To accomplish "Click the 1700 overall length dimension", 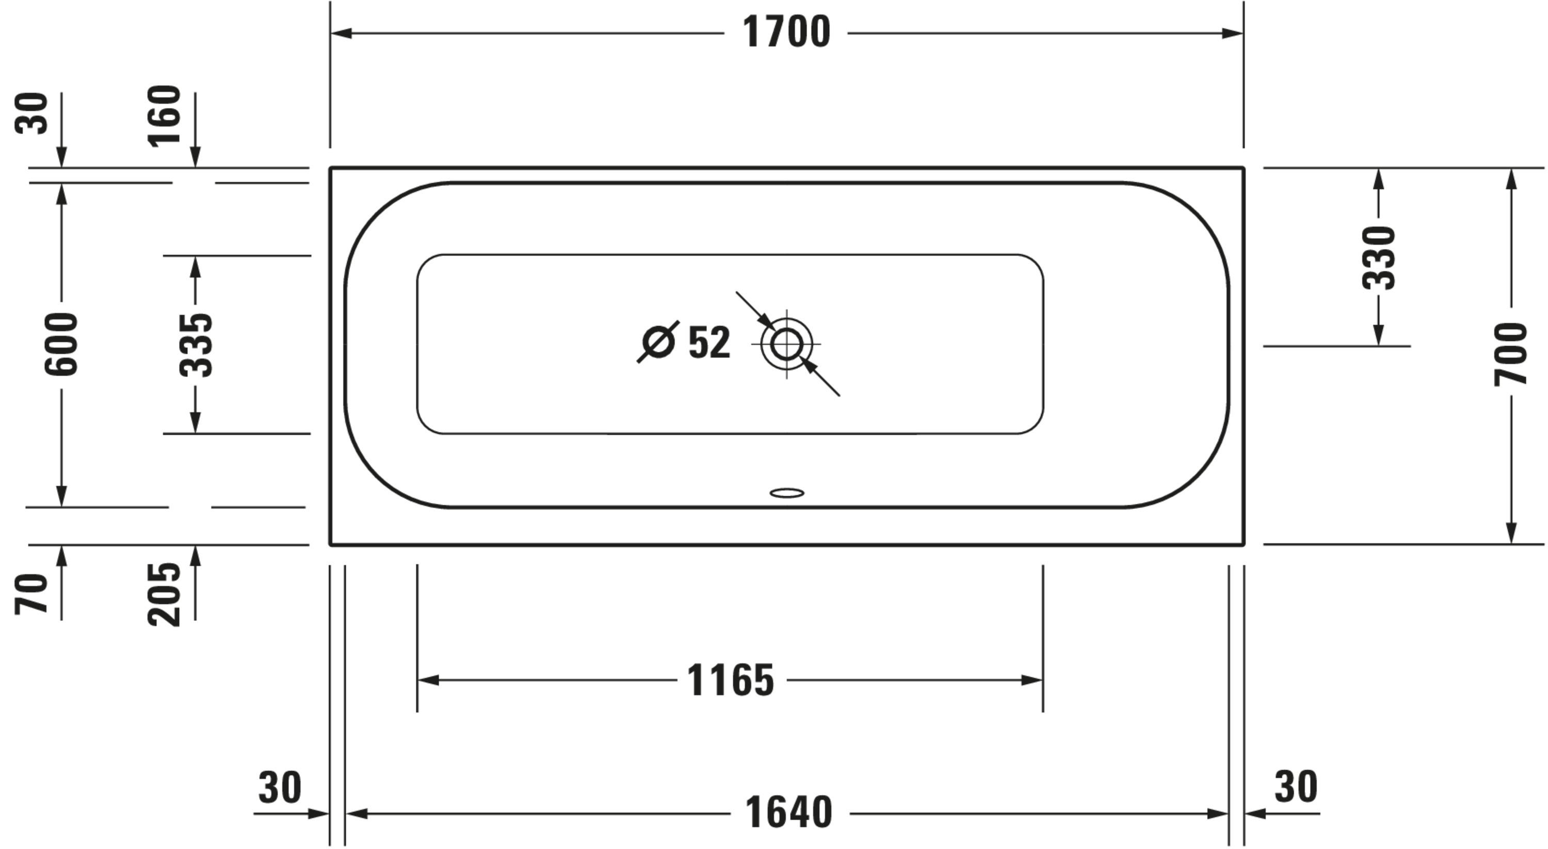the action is point(786,32).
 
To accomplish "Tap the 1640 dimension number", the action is point(788,813).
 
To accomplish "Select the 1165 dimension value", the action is point(730,681).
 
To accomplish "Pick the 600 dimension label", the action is point(61,344).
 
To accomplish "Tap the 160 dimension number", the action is point(164,116).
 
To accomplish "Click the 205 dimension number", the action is point(164,594).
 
